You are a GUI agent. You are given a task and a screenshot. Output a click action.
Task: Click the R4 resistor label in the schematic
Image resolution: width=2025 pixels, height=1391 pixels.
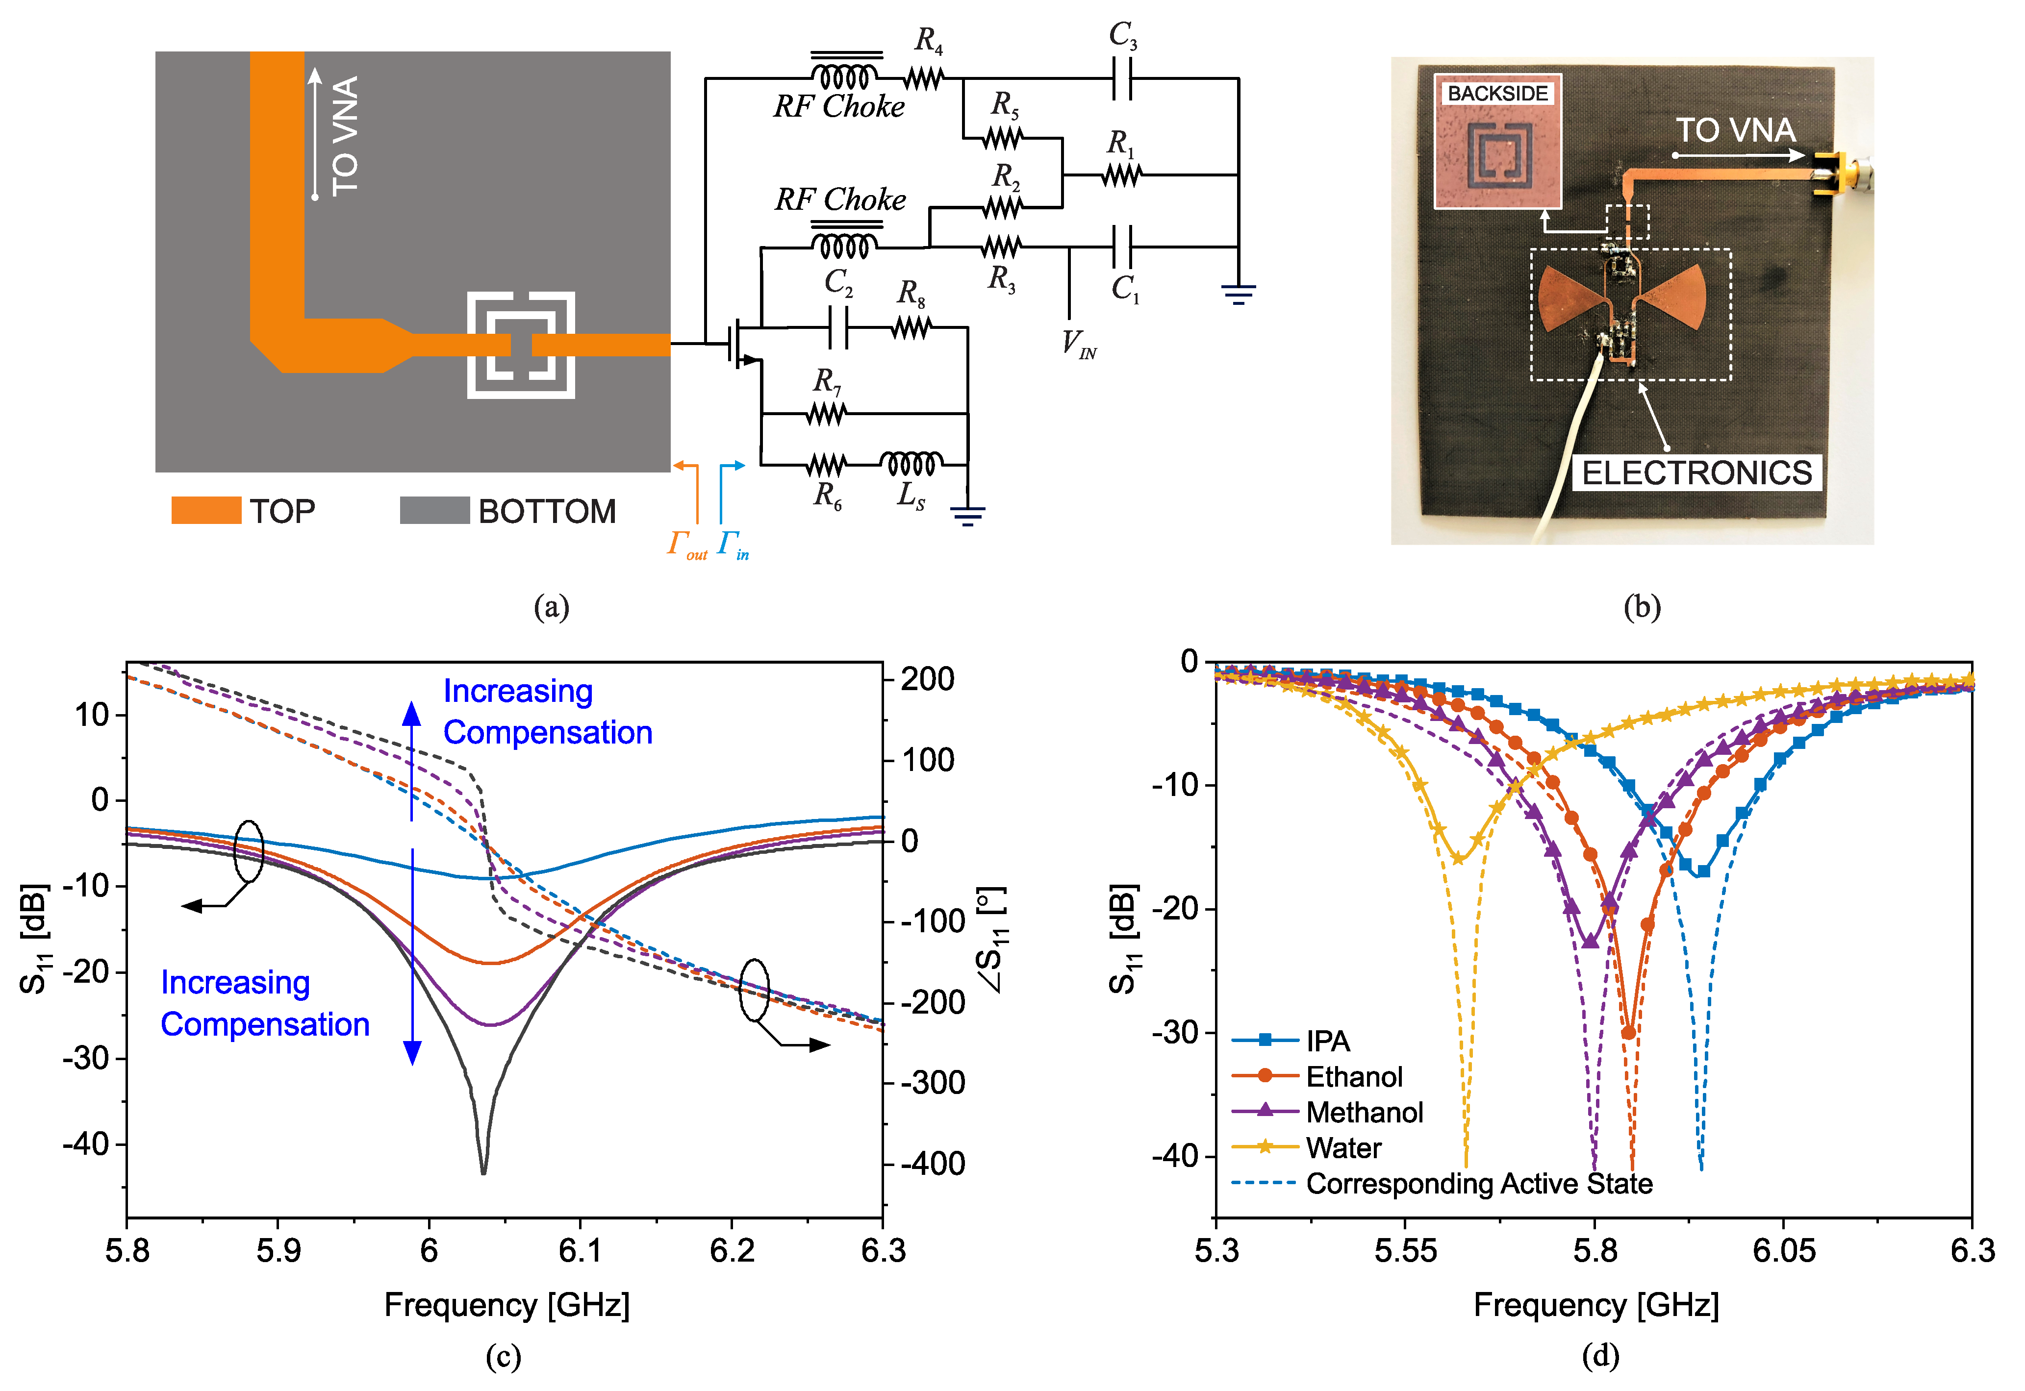click(928, 40)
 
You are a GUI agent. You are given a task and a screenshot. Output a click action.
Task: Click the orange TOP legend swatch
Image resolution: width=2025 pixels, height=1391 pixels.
click(206, 511)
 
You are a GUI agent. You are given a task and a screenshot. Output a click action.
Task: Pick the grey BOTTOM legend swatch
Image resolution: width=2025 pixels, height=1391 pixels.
click(434, 511)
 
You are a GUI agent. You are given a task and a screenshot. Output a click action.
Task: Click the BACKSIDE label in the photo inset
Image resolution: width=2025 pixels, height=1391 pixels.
click(1497, 93)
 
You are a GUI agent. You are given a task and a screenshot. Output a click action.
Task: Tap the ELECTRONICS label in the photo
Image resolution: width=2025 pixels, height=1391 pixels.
click(1696, 473)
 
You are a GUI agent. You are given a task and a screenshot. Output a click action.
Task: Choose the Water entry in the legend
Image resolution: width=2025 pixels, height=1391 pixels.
click(1343, 1148)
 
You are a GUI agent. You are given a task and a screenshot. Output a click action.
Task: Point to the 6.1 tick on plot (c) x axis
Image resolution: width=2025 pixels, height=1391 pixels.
click(580, 1251)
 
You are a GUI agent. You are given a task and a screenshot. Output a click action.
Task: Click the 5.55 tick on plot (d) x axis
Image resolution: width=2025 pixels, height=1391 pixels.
click(1405, 1251)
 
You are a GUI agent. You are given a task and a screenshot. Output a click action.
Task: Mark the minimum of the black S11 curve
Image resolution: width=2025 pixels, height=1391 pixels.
click(483, 1172)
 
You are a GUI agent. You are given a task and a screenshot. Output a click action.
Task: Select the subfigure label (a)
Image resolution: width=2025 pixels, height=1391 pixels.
click(551, 607)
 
